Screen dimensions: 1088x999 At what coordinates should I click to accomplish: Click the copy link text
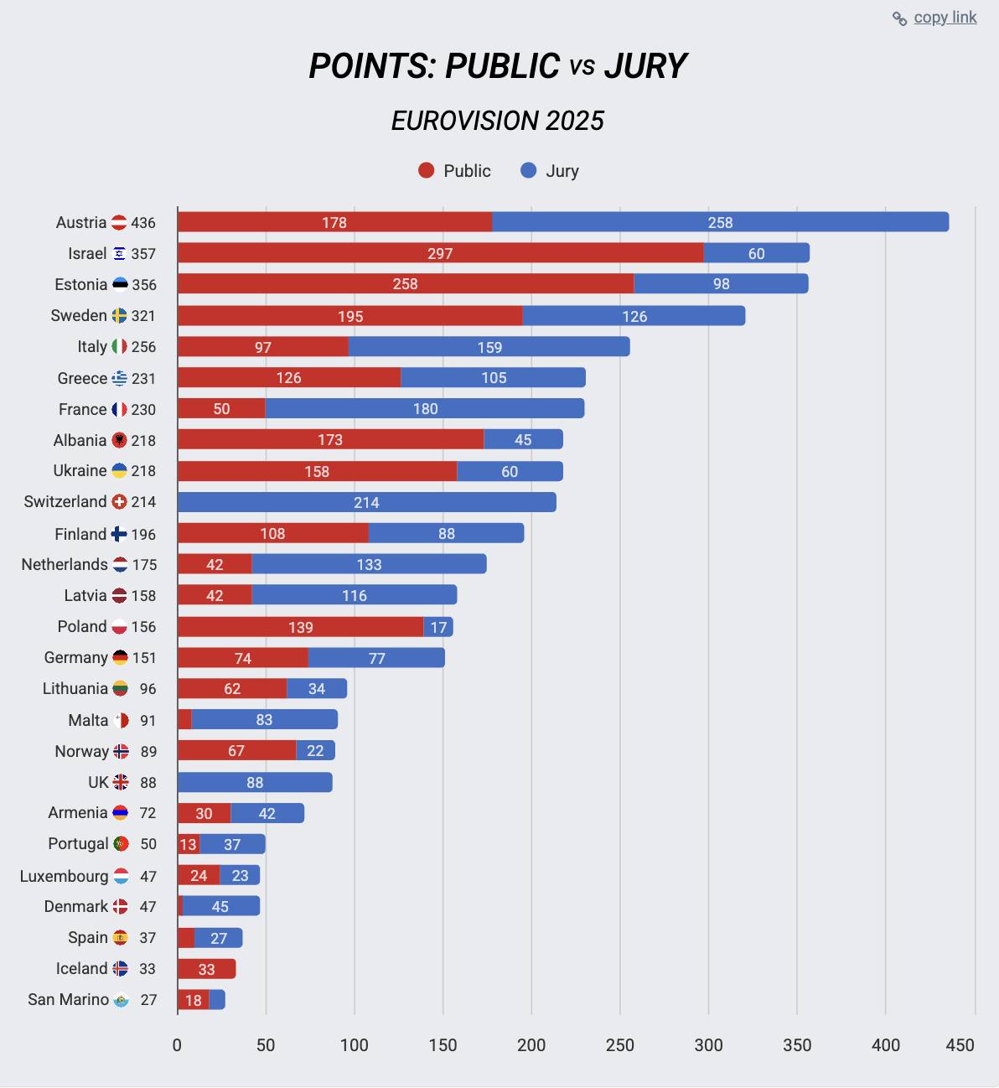click(945, 18)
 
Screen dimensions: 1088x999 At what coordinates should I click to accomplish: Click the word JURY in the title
click(645, 66)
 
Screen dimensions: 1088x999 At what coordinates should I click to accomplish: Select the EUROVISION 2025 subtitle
click(498, 121)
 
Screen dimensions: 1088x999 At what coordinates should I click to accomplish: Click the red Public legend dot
click(427, 171)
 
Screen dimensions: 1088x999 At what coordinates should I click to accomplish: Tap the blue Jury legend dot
click(528, 171)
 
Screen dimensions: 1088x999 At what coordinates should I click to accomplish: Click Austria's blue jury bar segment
click(720, 222)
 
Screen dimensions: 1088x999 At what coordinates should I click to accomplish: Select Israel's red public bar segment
click(440, 253)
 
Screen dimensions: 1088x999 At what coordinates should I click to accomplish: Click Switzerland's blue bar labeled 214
click(366, 502)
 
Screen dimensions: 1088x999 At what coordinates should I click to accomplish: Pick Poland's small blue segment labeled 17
click(438, 627)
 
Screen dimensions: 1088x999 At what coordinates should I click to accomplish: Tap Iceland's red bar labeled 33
click(206, 969)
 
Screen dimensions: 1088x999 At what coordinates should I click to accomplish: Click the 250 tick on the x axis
click(620, 1045)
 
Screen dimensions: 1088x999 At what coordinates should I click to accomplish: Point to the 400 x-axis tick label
click(886, 1045)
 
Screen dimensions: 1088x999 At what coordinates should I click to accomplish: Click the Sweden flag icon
click(119, 316)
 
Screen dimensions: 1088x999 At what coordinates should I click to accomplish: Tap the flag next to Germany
click(120, 658)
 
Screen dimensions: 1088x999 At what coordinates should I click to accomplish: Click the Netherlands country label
click(65, 565)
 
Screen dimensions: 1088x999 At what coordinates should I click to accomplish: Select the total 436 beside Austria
click(143, 223)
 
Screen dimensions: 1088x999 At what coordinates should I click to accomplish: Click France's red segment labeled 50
click(221, 409)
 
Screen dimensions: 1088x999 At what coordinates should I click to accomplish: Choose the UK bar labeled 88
click(255, 782)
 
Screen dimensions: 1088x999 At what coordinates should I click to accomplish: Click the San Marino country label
click(68, 1000)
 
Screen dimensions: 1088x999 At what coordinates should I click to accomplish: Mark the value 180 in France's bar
click(425, 409)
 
